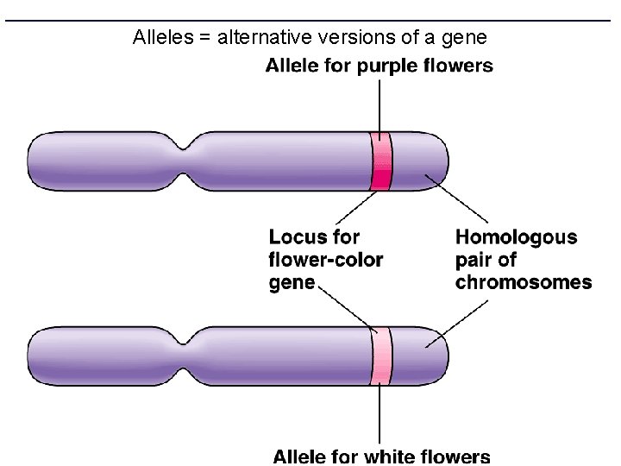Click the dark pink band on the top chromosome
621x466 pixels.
point(380,161)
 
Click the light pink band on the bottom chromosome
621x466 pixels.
point(380,355)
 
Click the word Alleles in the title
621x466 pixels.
point(161,38)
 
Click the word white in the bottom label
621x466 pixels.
point(386,457)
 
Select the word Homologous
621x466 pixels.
point(517,236)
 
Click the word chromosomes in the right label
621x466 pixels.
point(524,282)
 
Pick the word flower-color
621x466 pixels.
point(326,259)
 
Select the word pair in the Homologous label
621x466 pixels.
point(476,259)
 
